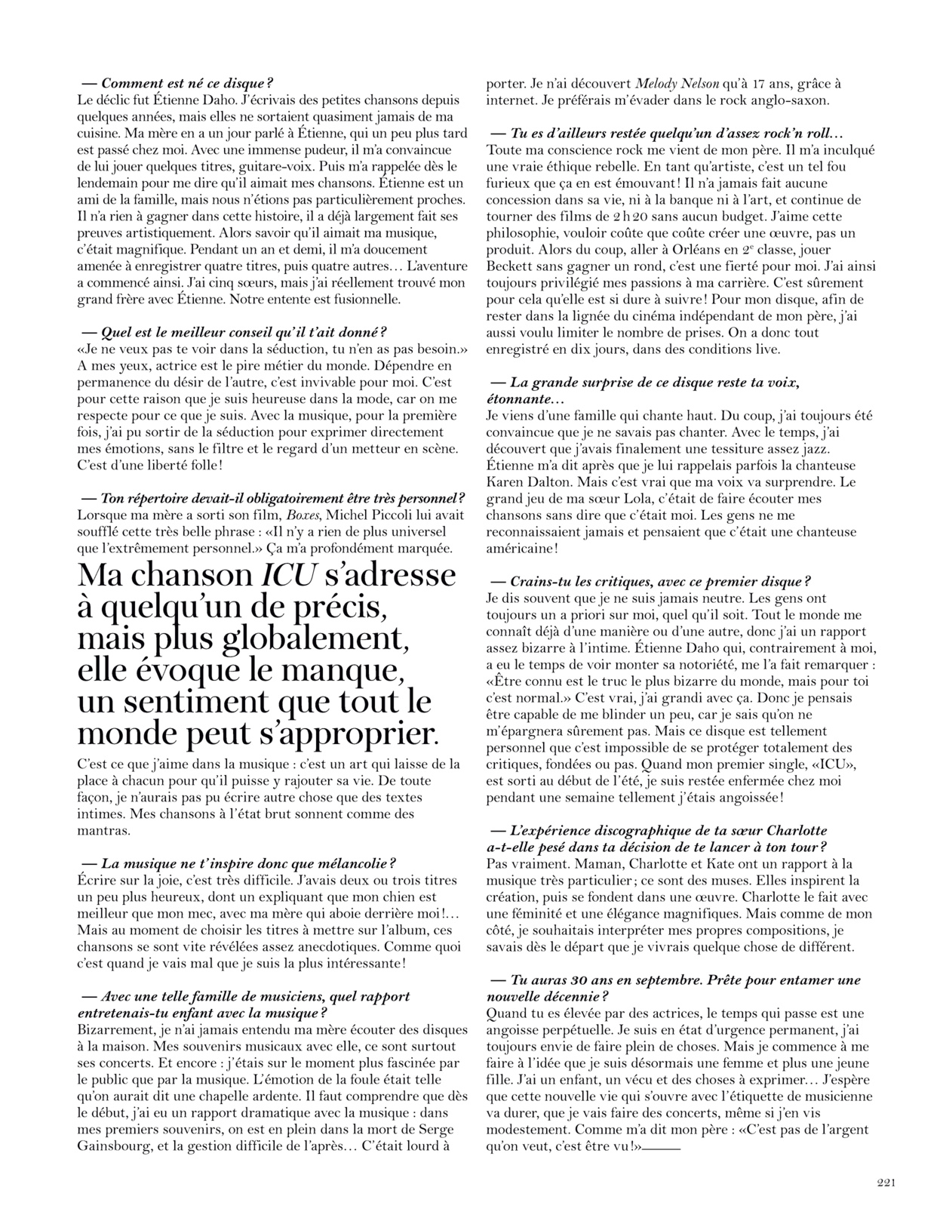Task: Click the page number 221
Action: click(886, 1183)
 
